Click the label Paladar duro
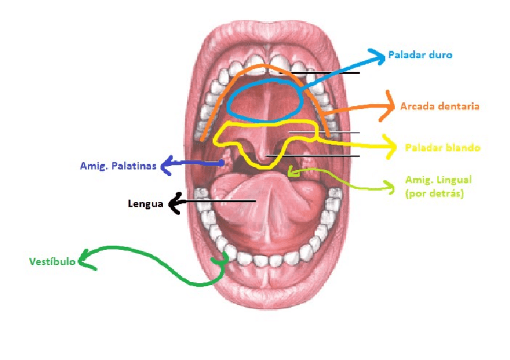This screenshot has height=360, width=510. [420, 55]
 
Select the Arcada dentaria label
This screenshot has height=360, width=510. [440, 106]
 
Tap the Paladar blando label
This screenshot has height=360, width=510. [443, 147]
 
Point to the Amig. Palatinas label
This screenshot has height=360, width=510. [118, 165]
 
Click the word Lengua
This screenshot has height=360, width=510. [146, 204]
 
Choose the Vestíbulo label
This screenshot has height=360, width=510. [52, 261]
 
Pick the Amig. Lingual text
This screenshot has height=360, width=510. [438, 180]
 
